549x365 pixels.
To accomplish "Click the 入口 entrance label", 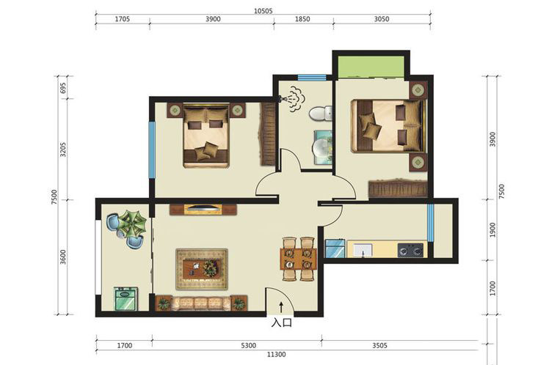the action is pyautogui.click(x=281, y=322).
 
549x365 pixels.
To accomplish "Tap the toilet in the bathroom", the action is pyautogui.click(x=320, y=114).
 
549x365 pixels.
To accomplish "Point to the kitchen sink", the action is pyautogui.click(x=363, y=251).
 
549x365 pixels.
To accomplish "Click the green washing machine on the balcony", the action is pyautogui.click(x=126, y=299).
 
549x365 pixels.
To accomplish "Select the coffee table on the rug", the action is pyautogui.click(x=201, y=268).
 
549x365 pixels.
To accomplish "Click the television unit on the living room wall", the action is pyautogui.click(x=203, y=210).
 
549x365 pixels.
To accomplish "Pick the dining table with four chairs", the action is pyautogui.click(x=298, y=259).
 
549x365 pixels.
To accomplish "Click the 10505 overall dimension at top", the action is pyautogui.click(x=263, y=11).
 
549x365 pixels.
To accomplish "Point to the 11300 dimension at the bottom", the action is pyautogui.click(x=276, y=355).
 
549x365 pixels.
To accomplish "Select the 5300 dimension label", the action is pyautogui.click(x=248, y=345).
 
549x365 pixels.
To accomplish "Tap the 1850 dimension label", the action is pyautogui.click(x=302, y=19).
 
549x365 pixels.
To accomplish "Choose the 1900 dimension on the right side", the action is pyautogui.click(x=492, y=230).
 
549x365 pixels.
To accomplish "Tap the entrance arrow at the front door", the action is pyautogui.click(x=281, y=307).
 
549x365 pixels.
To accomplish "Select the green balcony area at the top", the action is pyautogui.click(x=371, y=67).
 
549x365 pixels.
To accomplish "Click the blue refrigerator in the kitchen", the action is pyautogui.click(x=335, y=248).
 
